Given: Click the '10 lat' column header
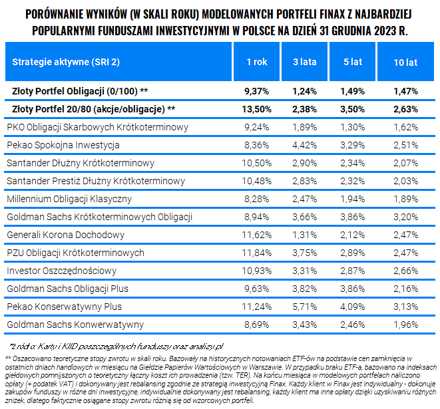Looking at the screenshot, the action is pos(405,62).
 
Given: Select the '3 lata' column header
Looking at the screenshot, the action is pos(304,62).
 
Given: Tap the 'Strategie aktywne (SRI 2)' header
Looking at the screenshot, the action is pos(66,62).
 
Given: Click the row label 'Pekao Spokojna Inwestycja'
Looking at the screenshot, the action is pos(63,145).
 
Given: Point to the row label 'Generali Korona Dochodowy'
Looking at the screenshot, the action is pos(65,235).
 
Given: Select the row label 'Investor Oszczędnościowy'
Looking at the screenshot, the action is pos(61,271).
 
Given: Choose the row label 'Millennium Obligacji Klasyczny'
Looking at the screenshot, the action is pos(69,199).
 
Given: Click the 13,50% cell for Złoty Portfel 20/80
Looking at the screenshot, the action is pos(256,109).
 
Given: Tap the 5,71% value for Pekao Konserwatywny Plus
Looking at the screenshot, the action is pos(304,307).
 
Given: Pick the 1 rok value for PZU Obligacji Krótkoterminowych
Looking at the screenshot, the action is pos(256,253).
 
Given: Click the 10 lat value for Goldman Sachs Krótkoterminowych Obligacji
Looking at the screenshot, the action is pos(405,217).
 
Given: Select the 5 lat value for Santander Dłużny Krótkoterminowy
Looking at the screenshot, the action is pos(352,163).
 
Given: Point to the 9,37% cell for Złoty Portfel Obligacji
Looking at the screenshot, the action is pos(256,91).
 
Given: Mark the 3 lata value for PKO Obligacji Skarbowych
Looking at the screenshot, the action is pos(304,127).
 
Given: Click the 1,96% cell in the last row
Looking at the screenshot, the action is pos(405,325).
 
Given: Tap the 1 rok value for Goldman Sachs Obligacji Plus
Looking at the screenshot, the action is pos(256,289).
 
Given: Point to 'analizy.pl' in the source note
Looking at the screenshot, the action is pos(206,346).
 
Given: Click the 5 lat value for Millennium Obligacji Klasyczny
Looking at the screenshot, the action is pos(352,199).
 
